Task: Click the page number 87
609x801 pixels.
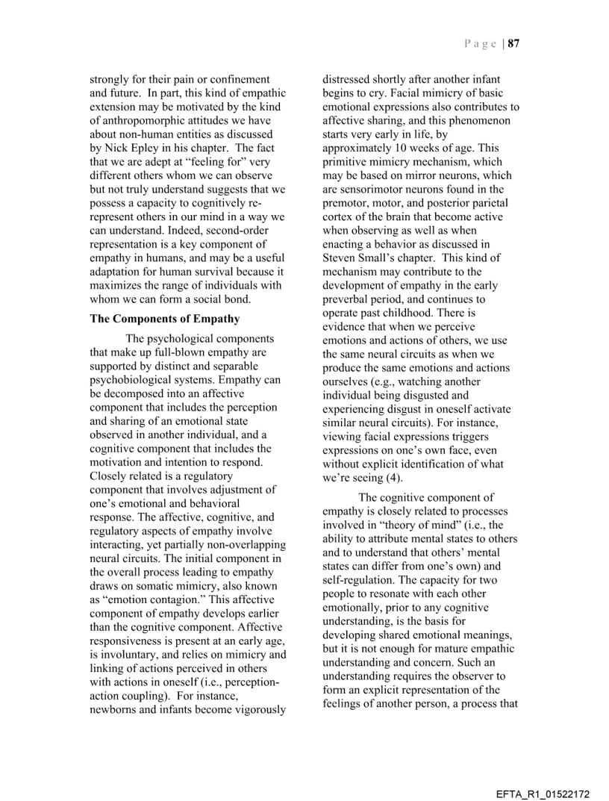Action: tap(513, 43)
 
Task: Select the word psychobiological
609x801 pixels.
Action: tap(133, 381)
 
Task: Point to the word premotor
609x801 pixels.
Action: tap(344, 203)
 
